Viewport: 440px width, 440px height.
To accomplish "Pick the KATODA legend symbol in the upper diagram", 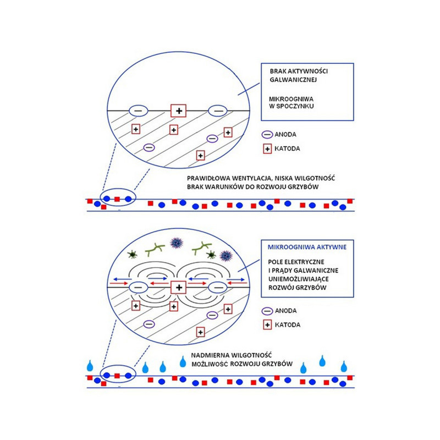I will [x=267, y=148].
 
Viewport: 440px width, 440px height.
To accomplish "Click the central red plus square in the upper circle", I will [x=178, y=111].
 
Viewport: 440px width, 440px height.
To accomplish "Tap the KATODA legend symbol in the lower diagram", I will [x=267, y=325].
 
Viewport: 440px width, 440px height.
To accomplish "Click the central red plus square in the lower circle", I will [x=178, y=287].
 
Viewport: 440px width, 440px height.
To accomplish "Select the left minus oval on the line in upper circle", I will [x=138, y=111].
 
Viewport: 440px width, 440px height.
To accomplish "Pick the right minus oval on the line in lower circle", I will [x=218, y=287].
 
